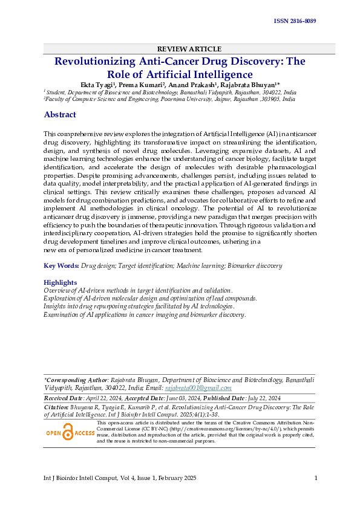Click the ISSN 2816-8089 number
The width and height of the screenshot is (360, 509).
(295, 21)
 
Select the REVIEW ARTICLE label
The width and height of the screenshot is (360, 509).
(180, 48)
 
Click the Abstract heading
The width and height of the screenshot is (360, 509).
(60, 115)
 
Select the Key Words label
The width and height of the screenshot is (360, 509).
(61, 265)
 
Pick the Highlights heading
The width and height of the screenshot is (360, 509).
(61, 282)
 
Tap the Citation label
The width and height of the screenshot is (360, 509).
(57, 409)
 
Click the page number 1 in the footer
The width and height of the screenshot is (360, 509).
(316, 478)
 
